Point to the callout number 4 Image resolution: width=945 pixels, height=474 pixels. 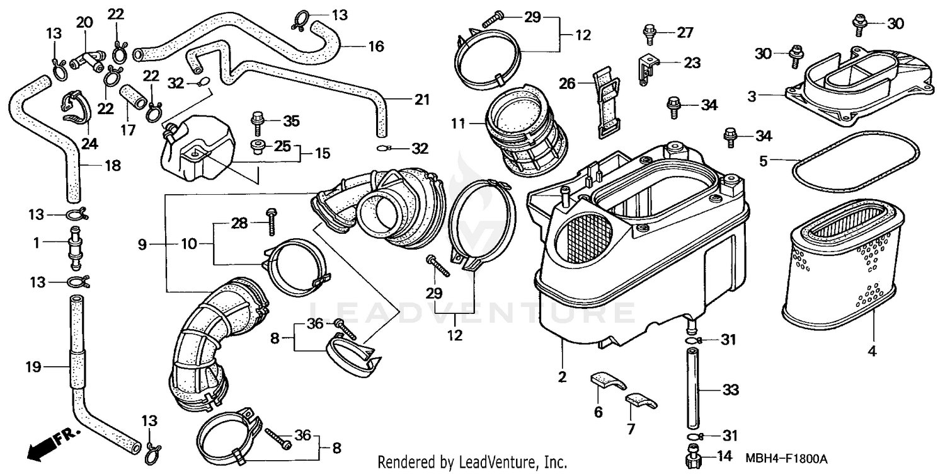(872, 352)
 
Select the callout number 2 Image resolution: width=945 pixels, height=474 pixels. (562, 378)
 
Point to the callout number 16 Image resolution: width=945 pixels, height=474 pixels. (375, 46)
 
